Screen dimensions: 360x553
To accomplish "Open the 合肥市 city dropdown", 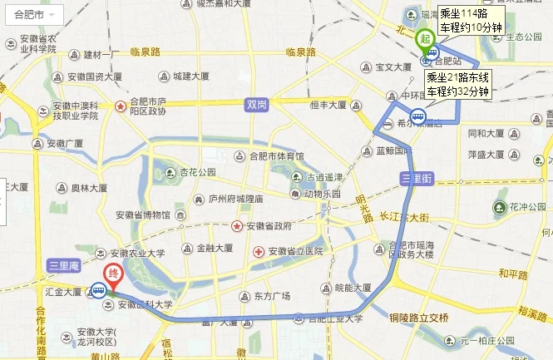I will [32, 16].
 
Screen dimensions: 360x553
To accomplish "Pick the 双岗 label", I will [256, 105].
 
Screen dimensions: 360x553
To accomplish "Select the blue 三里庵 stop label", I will [63, 265].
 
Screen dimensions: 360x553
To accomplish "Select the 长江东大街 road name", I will [402, 217].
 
